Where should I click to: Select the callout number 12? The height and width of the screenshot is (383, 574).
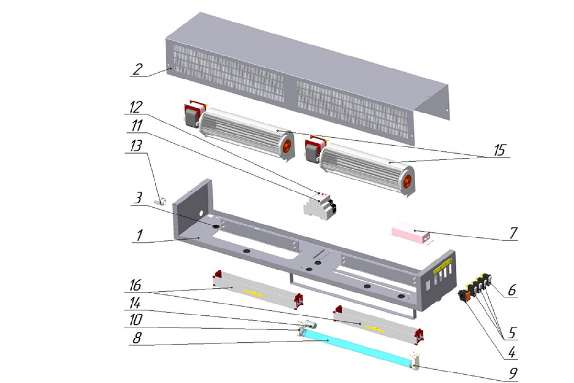135,107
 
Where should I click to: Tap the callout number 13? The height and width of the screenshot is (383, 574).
135,146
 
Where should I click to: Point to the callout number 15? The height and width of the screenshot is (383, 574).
499,150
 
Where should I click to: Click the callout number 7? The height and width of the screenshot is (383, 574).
513,233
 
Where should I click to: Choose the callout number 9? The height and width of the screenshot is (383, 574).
513,373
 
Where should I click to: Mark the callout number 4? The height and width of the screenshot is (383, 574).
512,352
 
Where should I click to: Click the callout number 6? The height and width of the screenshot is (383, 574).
512,290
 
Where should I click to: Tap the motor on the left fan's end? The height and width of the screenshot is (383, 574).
192,115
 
